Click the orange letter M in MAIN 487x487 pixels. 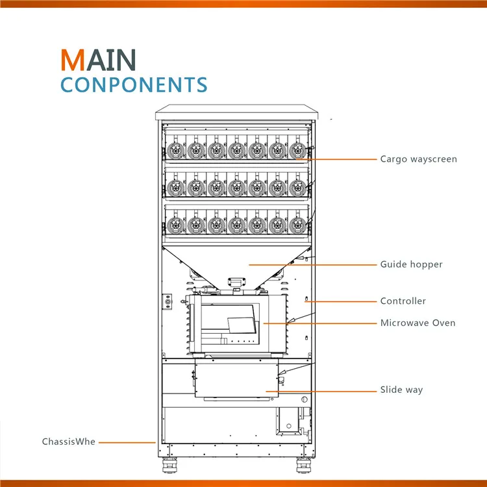point(72,60)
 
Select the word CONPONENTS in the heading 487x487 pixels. point(134,85)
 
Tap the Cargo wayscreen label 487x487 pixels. point(418,159)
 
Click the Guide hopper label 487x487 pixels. point(411,264)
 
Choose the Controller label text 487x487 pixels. point(403,301)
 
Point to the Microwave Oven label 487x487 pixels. point(418,323)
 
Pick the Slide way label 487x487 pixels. point(401,390)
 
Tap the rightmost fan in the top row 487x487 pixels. point(297,151)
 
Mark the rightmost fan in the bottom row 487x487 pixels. point(297,225)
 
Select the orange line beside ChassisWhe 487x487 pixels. point(127,442)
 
